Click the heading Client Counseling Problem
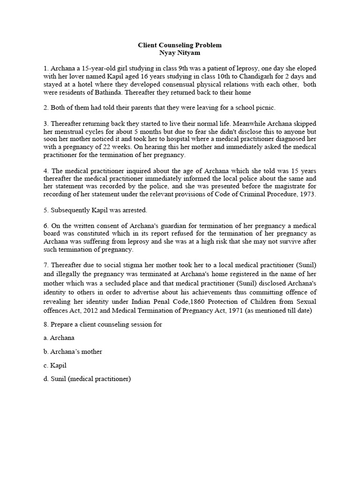tap(180, 45)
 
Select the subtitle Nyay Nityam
tap(180, 53)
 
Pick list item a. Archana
tap(59, 337)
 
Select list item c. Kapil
tap(54, 365)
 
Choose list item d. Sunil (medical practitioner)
tap(87, 379)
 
